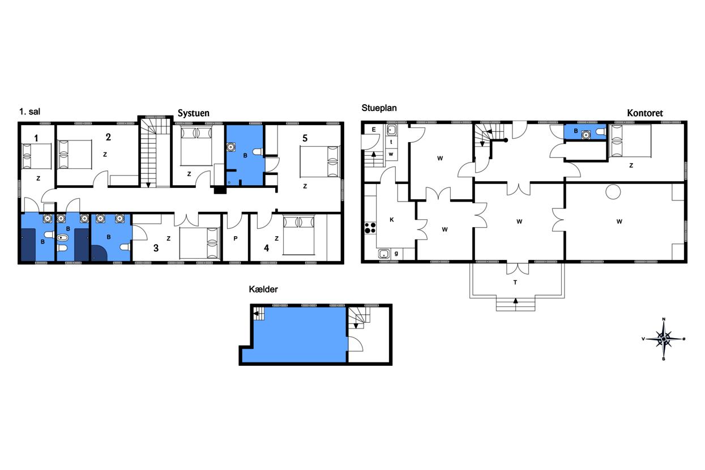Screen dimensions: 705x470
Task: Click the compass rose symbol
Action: [664, 339]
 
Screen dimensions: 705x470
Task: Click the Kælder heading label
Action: [263, 289]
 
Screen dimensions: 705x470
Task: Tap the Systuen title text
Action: [193, 113]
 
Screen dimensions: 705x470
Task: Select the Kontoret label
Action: [644, 113]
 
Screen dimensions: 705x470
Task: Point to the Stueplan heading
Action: [379, 108]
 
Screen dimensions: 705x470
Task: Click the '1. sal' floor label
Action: [29, 112]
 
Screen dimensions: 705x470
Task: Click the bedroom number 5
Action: [305, 138]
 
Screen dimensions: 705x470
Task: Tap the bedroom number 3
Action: [156, 248]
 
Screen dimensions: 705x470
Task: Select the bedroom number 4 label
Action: [266, 248]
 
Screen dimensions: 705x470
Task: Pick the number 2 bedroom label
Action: [108, 137]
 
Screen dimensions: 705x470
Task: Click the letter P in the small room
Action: [236, 238]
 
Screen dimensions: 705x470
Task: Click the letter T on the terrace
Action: [515, 283]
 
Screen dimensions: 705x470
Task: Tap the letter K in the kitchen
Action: [391, 220]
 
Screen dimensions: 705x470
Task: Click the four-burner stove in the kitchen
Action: [370, 228]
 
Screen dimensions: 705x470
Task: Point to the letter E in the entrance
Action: [374, 129]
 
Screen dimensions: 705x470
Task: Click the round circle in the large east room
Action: [613, 192]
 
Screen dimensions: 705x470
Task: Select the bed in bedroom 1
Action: [36, 156]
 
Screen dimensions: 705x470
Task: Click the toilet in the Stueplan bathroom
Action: [601, 131]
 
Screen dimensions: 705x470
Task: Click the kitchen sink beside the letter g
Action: [384, 254]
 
